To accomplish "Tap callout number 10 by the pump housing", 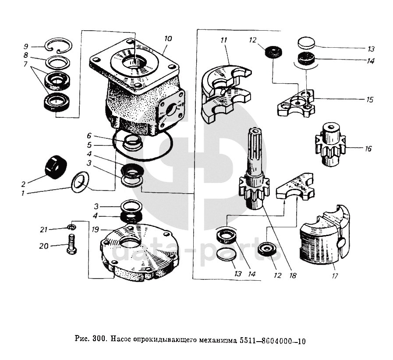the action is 168,39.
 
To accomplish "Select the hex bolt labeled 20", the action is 72,244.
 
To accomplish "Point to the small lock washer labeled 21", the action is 72,227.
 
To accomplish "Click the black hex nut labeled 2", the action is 56,167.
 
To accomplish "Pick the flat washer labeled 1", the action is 80,182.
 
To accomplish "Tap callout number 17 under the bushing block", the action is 335,275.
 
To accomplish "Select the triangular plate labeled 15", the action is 296,103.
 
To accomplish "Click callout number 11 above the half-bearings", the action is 223,40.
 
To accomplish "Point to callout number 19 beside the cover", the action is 96,229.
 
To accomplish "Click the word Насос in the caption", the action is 121,340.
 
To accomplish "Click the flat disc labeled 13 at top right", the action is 306,43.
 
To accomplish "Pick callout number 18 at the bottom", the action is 293,275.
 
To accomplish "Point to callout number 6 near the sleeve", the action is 89,135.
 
